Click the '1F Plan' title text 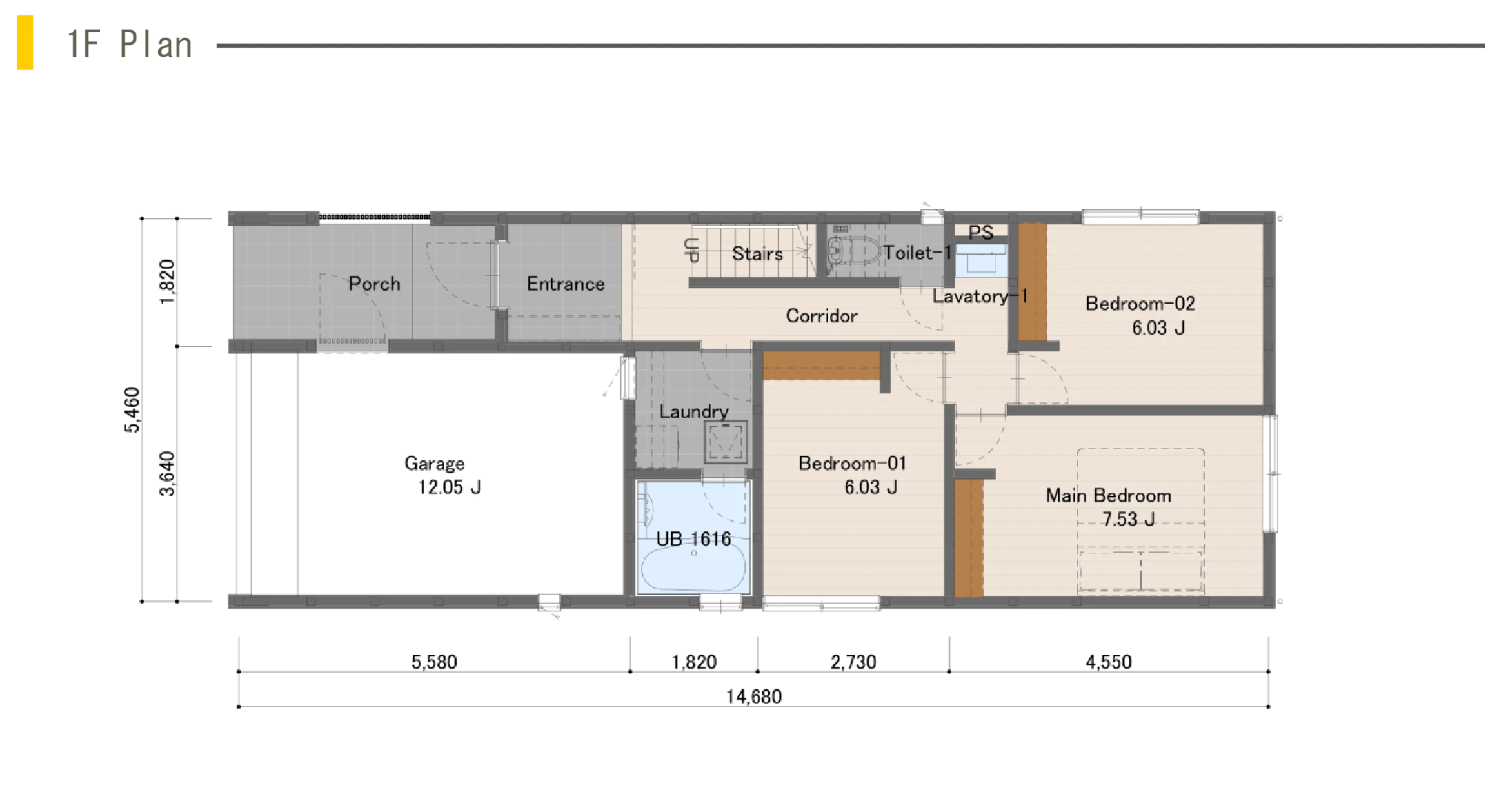(x=130, y=44)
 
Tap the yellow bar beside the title (x=25, y=42)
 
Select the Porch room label (x=374, y=284)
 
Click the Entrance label (x=566, y=284)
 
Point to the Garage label (x=434, y=464)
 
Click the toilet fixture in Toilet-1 (x=853, y=250)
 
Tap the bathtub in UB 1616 (x=692, y=567)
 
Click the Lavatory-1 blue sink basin (x=981, y=260)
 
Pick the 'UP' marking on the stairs (x=692, y=250)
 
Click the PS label (x=981, y=232)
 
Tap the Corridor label (x=821, y=316)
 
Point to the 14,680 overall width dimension (x=754, y=697)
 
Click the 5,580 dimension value (x=434, y=662)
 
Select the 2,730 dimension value (x=853, y=662)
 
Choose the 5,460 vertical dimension (x=132, y=410)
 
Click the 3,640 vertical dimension (x=168, y=474)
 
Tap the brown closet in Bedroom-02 (x=1032, y=282)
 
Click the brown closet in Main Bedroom (x=968, y=538)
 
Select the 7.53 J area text (x=1128, y=519)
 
